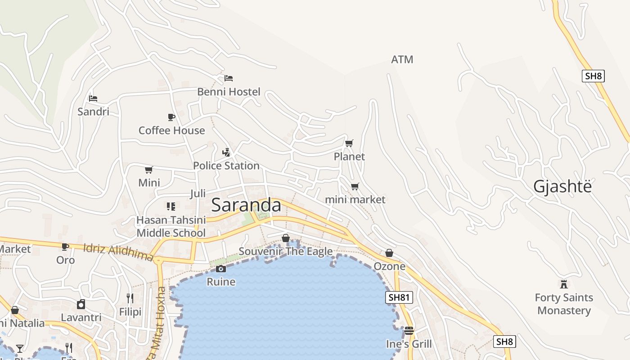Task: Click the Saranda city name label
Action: point(246,205)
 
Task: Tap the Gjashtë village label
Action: point(562,186)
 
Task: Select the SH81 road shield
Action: point(399,297)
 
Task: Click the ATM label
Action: point(402,59)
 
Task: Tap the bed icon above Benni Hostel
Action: point(229,78)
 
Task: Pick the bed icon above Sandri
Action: point(93,98)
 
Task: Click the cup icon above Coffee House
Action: point(171,117)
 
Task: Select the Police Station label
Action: point(226,166)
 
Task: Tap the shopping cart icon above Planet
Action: point(349,143)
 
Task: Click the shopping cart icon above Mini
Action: point(149,170)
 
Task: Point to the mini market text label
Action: point(355,199)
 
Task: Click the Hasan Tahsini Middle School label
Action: point(171,226)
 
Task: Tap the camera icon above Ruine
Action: point(221,269)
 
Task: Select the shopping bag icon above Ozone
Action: point(389,253)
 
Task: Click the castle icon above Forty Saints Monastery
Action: point(563,284)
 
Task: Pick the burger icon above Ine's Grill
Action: point(409,331)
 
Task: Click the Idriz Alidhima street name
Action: point(118,252)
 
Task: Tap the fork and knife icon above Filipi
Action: point(130,298)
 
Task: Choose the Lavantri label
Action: point(81,317)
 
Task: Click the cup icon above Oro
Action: point(65,247)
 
